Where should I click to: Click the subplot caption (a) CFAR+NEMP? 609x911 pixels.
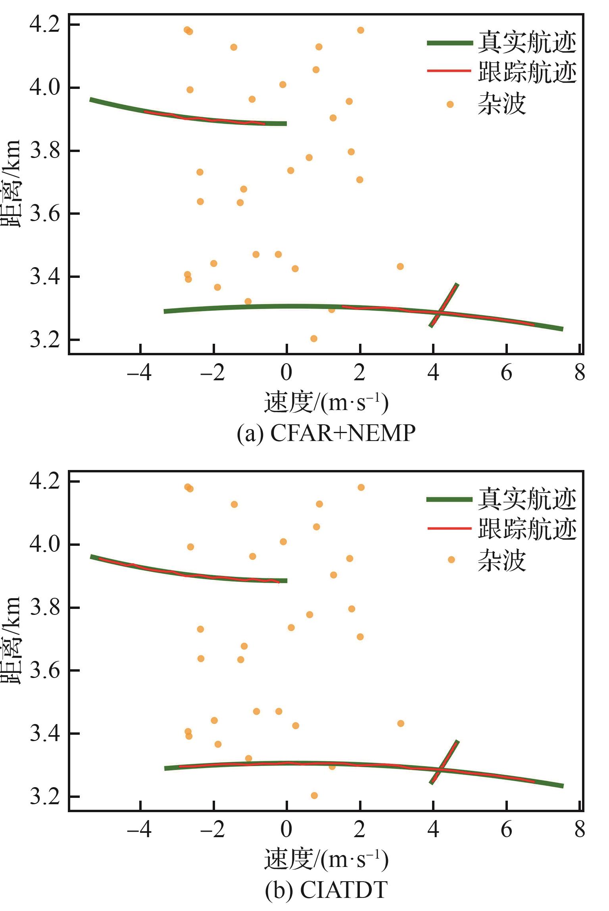[x=326, y=433]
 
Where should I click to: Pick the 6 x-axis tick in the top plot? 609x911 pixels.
[x=506, y=373]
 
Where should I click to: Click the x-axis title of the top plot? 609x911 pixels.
[x=326, y=403]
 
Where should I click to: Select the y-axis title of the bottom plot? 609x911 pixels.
[x=11, y=639]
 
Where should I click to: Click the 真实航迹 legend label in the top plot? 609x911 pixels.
[x=527, y=42]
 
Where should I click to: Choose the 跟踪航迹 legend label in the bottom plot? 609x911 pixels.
[x=527, y=528]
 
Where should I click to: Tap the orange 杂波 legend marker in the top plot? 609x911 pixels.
[x=450, y=104]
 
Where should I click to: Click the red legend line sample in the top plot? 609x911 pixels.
[x=449, y=71]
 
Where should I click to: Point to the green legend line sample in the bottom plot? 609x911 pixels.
[x=449, y=499]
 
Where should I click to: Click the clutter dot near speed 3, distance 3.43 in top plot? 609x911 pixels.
[x=400, y=266]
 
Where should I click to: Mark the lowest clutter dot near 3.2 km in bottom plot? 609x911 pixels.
[x=314, y=795]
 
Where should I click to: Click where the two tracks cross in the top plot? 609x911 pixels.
[x=441, y=312]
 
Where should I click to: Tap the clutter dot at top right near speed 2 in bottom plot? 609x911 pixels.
[x=361, y=487]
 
